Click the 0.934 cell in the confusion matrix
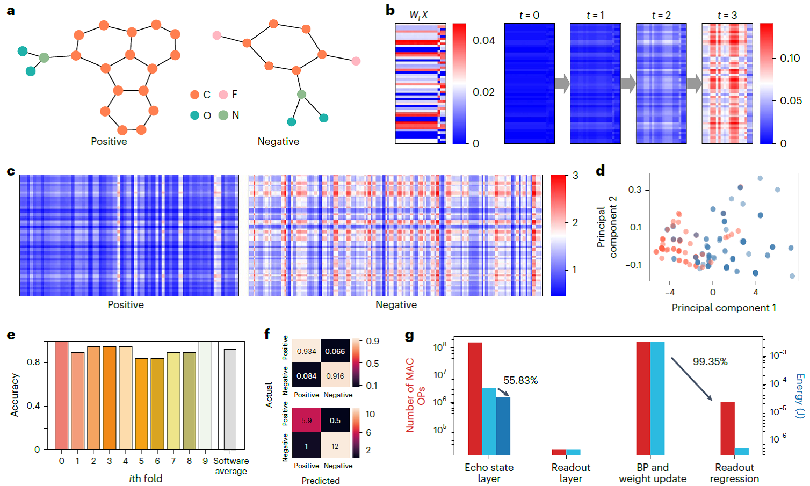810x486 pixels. [306, 351]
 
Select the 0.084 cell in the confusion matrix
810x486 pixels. [306, 376]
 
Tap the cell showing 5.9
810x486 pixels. [306, 420]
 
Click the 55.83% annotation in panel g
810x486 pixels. [520, 380]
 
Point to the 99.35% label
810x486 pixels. [710, 361]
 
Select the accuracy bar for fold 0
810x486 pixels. [62, 395]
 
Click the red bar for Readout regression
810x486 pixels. [727, 428]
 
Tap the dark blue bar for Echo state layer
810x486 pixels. [503, 426]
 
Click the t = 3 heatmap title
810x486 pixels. [727, 15]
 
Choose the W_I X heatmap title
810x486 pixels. [419, 15]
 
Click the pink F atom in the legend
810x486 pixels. [223, 95]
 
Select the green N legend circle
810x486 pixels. [223, 115]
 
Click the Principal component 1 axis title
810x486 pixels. [724, 308]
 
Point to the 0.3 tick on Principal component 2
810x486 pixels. [635, 190]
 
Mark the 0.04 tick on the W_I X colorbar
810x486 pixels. [483, 40]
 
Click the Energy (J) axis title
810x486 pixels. [800, 396]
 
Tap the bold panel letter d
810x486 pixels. [601, 171]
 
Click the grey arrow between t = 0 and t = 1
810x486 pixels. [562, 83]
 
